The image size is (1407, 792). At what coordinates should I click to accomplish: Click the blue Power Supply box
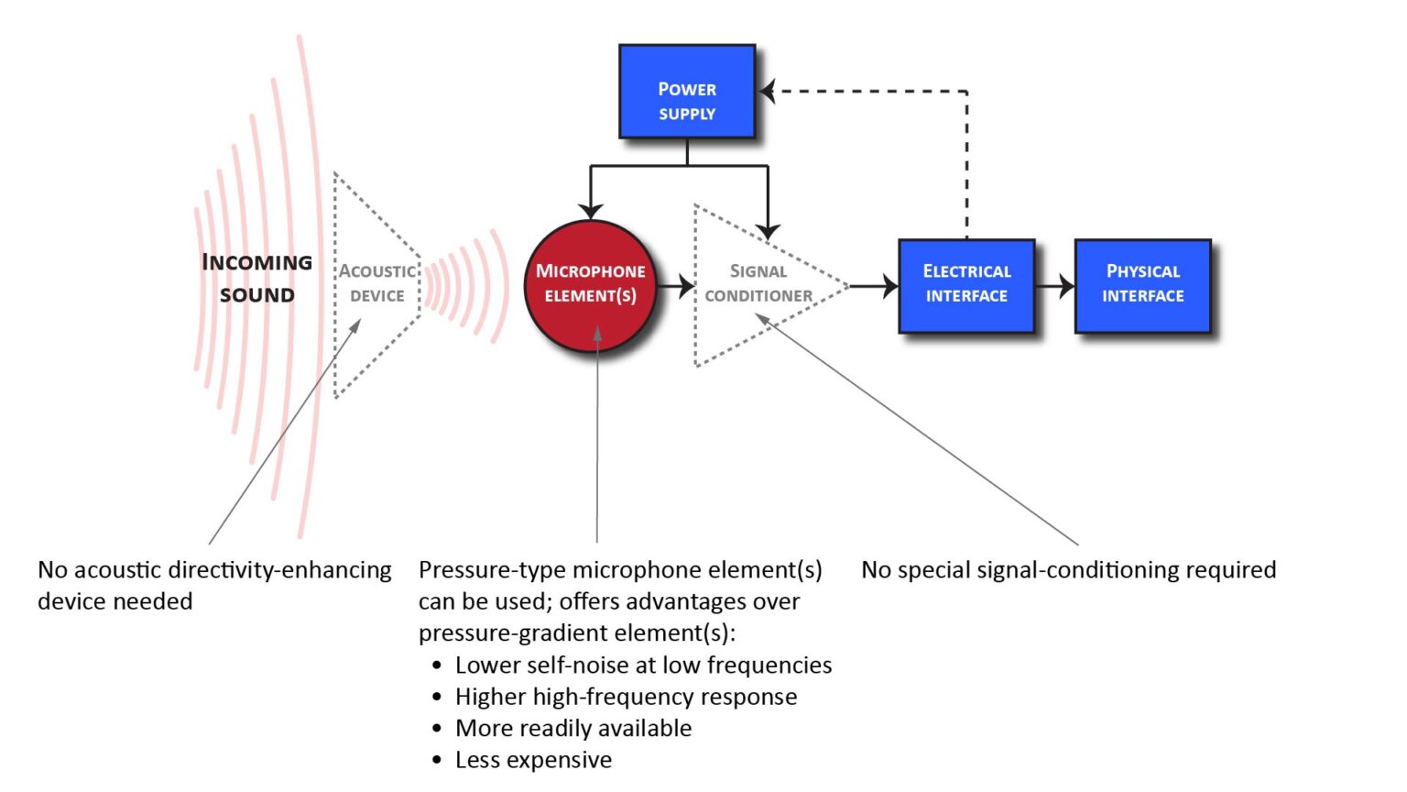click(687, 92)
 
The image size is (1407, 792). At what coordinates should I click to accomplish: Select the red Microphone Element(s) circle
click(591, 285)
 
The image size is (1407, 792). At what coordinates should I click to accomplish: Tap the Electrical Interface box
click(966, 285)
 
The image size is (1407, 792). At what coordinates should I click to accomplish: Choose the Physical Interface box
click(1142, 285)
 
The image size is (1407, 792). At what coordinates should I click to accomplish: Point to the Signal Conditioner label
click(758, 283)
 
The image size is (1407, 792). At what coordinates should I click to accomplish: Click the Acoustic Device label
click(377, 283)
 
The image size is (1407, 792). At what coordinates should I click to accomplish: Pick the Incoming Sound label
click(256, 278)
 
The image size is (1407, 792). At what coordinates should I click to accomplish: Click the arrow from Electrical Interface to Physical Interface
click(1055, 286)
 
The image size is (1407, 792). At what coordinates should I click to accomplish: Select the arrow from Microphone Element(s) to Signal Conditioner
click(676, 286)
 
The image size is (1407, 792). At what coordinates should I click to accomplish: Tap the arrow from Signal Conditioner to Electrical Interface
click(875, 286)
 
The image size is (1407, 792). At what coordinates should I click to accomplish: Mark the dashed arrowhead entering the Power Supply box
click(769, 92)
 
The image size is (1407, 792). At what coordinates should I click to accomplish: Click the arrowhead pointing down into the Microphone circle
click(591, 209)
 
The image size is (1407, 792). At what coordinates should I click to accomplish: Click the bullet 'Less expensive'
click(533, 760)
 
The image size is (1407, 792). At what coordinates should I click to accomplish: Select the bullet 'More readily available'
click(573, 729)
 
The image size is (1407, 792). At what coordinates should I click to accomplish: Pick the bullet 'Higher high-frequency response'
click(626, 697)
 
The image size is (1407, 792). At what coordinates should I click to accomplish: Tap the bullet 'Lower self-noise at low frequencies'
click(643, 665)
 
